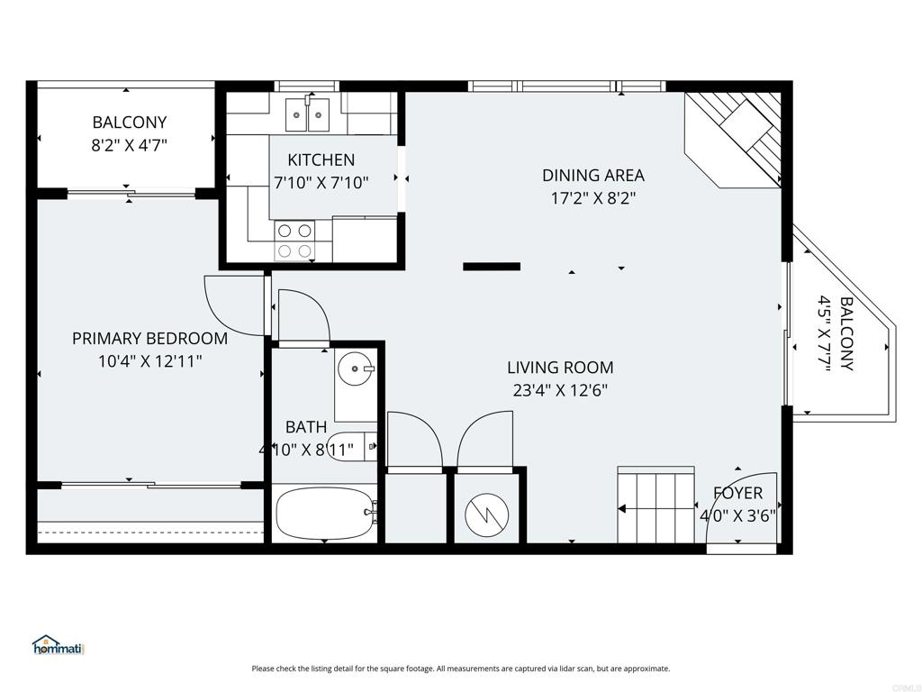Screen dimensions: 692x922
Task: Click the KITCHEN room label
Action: [x=321, y=160]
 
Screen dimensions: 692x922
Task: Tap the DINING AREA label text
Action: [x=592, y=176]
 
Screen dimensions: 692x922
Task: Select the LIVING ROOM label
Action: [x=560, y=368]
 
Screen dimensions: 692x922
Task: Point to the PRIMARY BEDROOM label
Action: [x=149, y=339]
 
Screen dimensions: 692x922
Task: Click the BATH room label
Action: [x=306, y=427]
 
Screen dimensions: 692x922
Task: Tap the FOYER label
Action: [x=737, y=493]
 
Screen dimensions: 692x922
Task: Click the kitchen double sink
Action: [x=309, y=114]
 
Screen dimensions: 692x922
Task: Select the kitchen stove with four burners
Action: [x=294, y=240]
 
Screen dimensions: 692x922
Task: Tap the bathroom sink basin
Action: [x=355, y=368]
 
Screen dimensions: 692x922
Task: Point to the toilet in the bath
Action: [x=351, y=446]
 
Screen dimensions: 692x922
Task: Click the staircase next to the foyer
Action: [x=655, y=506]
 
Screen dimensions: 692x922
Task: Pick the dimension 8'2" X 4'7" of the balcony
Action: [x=129, y=144]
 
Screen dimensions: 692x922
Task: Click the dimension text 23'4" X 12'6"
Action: [x=560, y=390]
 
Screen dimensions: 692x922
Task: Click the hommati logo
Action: [x=58, y=645]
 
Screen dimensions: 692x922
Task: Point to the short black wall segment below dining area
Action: [x=492, y=267]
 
